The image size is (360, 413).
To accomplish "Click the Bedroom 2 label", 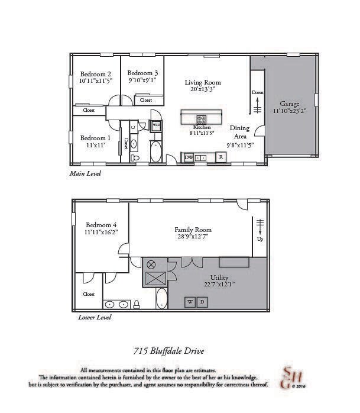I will [x=96, y=74].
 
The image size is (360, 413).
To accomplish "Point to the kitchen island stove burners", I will [x=202, y=118].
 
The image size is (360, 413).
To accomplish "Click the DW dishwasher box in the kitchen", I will [x=189, y=157].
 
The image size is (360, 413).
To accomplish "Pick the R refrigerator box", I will [x=220, y=157].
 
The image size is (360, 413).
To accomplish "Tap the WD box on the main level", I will [x=156, y=125].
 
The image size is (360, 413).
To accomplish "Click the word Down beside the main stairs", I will [x=258, y=93].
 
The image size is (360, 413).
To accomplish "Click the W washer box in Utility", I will [x=191, y=302].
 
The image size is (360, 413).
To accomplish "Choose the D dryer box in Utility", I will [x=202, y=302].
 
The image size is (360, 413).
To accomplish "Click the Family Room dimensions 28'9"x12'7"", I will [x=193, y=237].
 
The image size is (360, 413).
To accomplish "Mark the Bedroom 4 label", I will [x=101, y=225].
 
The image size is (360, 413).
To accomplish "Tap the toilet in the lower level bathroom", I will [x=137, y=304].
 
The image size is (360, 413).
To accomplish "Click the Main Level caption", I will [x=85, y=174].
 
